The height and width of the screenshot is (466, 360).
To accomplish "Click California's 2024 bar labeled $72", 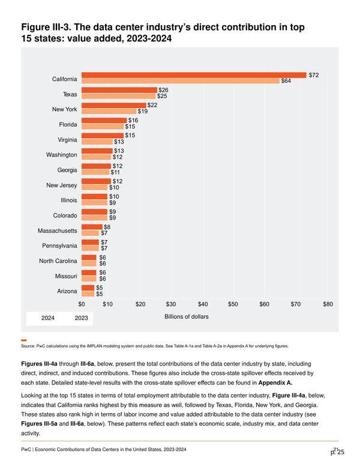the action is [194, 75].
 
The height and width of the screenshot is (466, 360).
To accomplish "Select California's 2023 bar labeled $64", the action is [181, 81].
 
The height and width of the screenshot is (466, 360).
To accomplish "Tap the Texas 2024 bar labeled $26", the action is [119, 90].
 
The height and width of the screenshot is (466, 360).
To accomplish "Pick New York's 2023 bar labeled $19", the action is [109, 111].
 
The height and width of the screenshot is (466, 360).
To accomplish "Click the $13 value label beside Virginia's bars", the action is [119, 142].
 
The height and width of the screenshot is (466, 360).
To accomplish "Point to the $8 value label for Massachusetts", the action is [107, 227].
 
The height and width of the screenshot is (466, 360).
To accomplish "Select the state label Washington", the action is [61, 155].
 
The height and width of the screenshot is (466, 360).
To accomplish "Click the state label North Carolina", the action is [58, 261].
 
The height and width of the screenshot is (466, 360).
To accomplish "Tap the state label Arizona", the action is [67, 291].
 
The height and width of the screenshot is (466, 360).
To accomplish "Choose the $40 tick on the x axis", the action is [203, 304].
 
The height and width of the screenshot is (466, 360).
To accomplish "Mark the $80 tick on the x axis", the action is [328, 304].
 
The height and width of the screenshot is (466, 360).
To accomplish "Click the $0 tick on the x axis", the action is [82, 304].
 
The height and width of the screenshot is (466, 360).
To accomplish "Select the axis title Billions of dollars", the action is [187, 317].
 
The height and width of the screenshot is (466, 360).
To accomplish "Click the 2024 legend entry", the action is [48, 318].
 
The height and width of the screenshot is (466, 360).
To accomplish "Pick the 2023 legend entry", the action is [82, 318].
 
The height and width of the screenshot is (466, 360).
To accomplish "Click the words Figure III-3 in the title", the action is [46, 28].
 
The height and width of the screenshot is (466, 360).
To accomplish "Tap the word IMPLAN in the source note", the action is [93, 346].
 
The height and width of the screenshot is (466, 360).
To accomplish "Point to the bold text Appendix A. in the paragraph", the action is [275, 383].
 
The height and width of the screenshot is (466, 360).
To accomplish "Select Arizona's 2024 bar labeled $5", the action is [88, 288].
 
